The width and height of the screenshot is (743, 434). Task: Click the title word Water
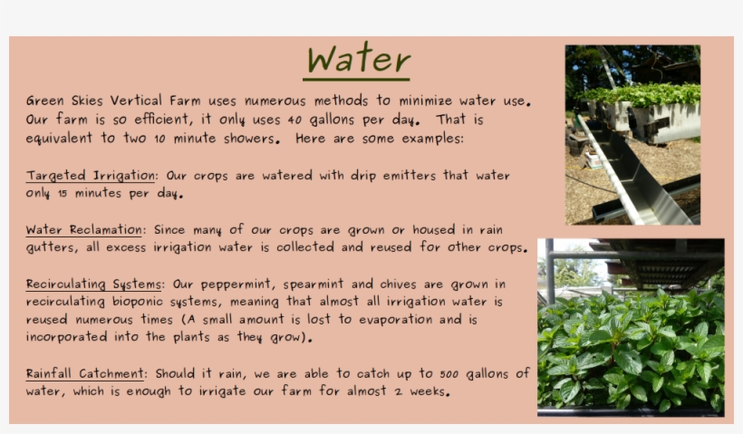[358, 60]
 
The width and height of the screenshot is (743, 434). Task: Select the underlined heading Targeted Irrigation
[91, 176]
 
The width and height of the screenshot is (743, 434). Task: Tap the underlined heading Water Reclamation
[84, 230]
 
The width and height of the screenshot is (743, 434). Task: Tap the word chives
[391, 285]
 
